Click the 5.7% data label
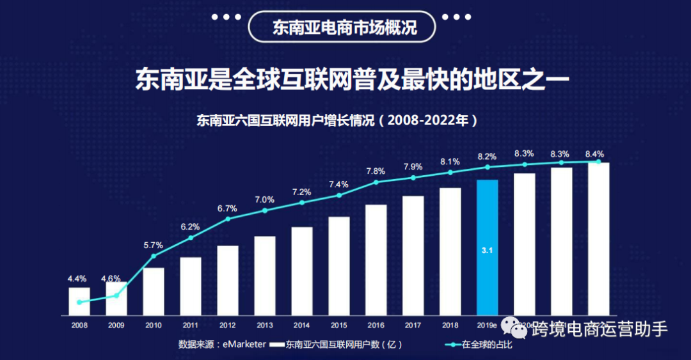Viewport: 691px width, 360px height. point(153,245)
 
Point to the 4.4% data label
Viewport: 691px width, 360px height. point(77,279)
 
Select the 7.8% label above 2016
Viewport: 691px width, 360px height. point(376,171)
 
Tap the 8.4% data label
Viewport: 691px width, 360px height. point(594,154)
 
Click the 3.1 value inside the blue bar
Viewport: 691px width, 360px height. point(487,251)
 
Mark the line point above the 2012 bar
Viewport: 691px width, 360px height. point(228,219)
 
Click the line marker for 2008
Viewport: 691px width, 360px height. point(79,302)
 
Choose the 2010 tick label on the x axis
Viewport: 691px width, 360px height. point(153,325)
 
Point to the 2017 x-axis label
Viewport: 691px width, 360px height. point(413,325)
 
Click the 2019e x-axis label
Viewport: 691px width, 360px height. point(487,325)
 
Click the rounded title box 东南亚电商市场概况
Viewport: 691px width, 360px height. point(345,28)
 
